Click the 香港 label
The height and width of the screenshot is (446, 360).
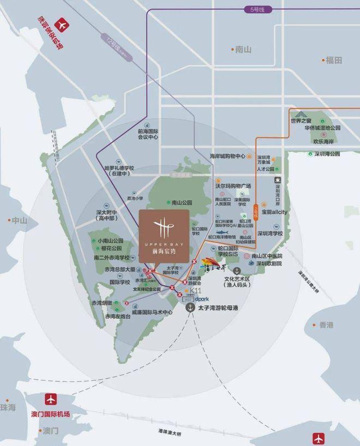tap(326, 325)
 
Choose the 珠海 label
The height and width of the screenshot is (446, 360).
tap(8, 407)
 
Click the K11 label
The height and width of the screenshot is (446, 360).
tap(195, 292)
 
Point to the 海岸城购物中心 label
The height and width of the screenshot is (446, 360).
tap(228, 156)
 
